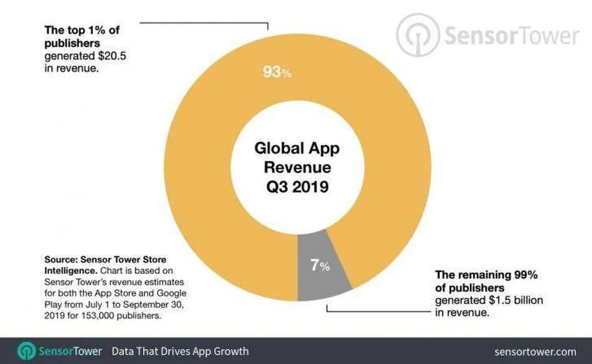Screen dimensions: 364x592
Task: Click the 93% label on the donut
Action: click(277, 73)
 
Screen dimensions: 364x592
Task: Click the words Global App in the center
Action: click(297, 148)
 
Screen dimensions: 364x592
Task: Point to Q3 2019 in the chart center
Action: click(297, 188)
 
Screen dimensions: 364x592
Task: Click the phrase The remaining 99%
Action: click(486, 275)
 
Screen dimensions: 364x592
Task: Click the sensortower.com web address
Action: click(535, 351)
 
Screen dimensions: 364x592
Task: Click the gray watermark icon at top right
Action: click(417, 35)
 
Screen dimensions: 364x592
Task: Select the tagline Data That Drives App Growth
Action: click(180, 351)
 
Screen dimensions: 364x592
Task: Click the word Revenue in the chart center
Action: click(297, 168)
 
